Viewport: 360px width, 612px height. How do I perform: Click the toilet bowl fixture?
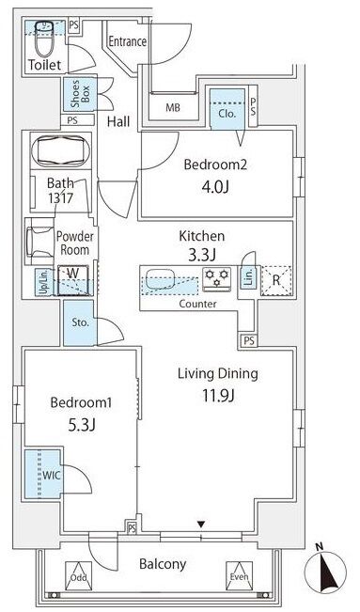coord(46,39)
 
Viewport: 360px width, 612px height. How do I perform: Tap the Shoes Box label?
coord(80,94)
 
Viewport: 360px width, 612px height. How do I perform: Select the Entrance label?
coord(127,41)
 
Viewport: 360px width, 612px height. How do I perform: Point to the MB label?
coord(173,107)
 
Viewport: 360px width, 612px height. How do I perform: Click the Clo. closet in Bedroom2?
coord(227,109)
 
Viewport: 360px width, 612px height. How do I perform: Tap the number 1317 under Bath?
coord(60,197)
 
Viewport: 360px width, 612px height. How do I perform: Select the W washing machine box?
coord(73,280)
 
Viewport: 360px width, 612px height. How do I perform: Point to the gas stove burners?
coord(217,277)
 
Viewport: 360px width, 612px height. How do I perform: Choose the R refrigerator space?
coord(276,280)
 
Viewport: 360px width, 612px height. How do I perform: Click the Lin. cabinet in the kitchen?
coord(248,277)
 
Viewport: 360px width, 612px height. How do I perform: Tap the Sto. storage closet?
coord(80,322)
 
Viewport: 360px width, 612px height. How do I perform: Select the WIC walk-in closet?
coord(43,474)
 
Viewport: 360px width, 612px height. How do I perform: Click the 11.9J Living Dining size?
coord(218,396)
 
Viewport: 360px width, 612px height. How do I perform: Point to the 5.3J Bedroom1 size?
coord(82,425)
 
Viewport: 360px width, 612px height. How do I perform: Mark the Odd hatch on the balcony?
coord(78,576)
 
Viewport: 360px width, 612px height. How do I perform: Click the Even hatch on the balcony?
coord(240,576)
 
